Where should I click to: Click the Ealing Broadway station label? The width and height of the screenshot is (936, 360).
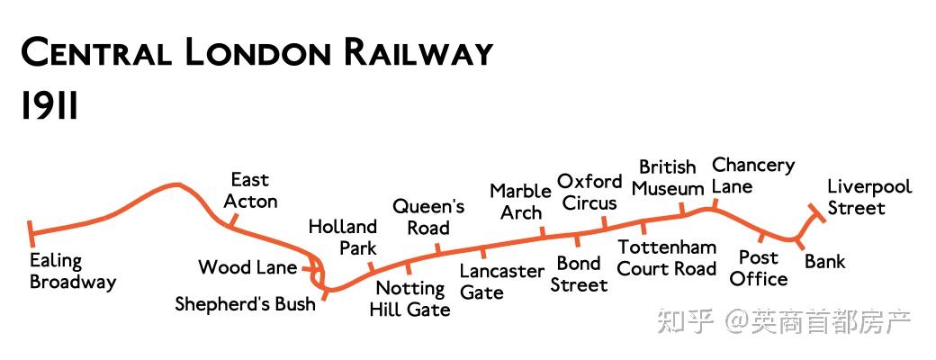click(x=72, y=271)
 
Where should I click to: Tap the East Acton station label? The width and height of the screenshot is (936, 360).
click(x=250, y=191)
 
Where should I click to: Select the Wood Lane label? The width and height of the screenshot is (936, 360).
click(x=247, y=267)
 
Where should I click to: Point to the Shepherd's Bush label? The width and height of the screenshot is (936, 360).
click(x=245, y=304)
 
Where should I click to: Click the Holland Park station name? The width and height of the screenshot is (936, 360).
click(x=342, y=237)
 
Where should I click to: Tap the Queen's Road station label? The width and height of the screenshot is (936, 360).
click(x=428, y=217)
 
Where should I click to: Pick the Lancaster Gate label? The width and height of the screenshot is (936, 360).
click(x=502, y=281)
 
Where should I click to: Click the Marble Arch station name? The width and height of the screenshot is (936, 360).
click(x=520, y=202)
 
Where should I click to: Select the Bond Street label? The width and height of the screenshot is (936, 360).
click(x=579, y=274)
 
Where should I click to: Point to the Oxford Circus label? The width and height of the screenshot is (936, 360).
click(x=589, y=192)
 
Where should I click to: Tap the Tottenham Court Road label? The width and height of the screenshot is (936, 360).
click(x=667, y=257)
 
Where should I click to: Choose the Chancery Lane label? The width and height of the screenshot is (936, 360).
click(x=753, y=175)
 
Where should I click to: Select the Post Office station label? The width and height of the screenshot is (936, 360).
click(x=758, y=268)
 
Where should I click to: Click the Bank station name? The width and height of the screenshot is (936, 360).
click(x=824, y=262)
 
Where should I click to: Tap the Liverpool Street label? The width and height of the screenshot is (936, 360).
click(x=869, y=197)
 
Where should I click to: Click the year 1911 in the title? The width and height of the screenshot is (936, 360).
click(x=49, y=107)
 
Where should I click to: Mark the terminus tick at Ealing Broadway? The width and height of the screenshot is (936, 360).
click(x=31, y=233)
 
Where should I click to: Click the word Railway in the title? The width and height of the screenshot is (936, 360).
click(x=417, y=53)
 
